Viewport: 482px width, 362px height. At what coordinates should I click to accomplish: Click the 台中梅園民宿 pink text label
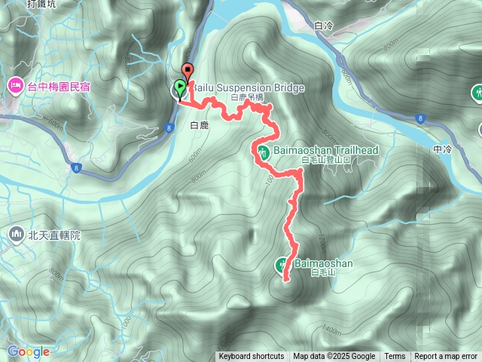[x=59, y=87]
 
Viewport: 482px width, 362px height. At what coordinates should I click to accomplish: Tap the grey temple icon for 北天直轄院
[x=16, y=236]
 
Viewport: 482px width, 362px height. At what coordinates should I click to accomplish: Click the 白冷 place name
[x=323, y=26]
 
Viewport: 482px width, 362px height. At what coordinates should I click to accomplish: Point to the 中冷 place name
[x=442, y=149]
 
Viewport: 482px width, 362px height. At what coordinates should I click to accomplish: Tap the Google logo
[x=28, y=351]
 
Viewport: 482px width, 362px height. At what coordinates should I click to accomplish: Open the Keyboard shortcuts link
[x=252, y=357]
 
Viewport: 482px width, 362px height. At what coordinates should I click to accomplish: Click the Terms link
[x=395, y=357]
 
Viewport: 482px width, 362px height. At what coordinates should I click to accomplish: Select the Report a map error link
[x=446, y=357]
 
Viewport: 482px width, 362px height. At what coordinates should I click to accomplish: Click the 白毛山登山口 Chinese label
[x=326, y=161]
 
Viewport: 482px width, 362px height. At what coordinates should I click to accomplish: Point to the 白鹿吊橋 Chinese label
[x=248, y=98]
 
